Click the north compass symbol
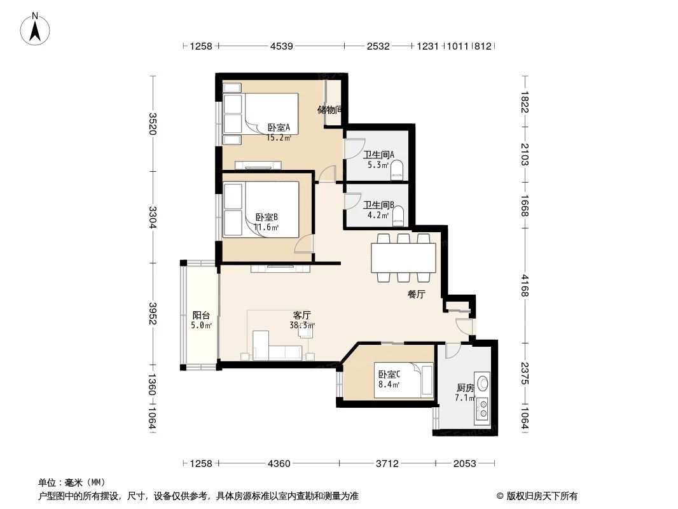click(36, 28)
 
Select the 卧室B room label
click(266, 217)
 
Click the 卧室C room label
click(389, 375)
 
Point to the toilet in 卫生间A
click(398, 169)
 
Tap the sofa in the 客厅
click(277, 351)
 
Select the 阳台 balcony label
click(202, 315)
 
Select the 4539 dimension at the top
click(281, 46)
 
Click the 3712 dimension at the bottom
click(387, 464)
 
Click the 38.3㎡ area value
click(302, 324)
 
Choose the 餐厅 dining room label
click(416, 295)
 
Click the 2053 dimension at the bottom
click(465, 464)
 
